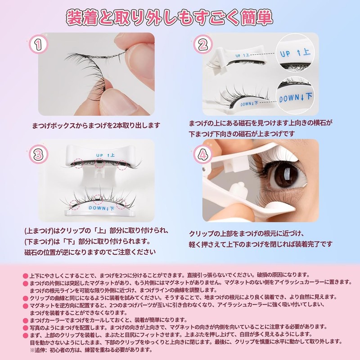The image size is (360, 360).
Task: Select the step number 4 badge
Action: pos(203,155)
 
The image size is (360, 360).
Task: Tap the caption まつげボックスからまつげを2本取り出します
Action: pos(96,126)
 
